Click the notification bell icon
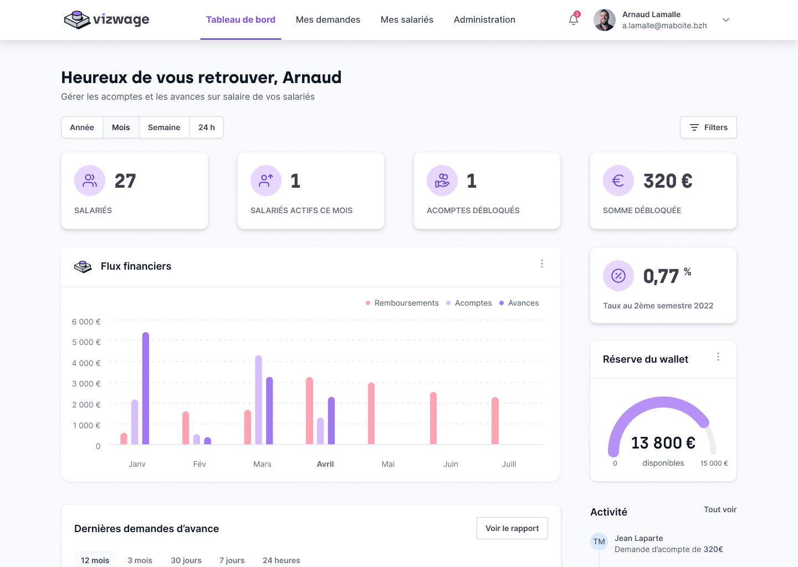(574, 20)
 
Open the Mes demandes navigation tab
(328, 20)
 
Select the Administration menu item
(484, 20)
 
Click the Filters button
(708, 127)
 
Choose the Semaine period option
(164, 127)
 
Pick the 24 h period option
(207, 127)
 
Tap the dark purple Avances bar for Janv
(146, 388)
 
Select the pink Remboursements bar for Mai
(371, 413)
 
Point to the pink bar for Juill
(495, 421)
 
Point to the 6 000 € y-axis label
(86, 322)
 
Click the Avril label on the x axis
(325, 464)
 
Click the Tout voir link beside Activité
(720, 509)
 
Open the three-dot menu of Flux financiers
(542, 264)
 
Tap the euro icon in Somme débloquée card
(618, 181)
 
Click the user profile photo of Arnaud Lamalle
(605, 20)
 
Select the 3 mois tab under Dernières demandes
(140, 560)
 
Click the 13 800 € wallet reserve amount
(663, 443)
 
